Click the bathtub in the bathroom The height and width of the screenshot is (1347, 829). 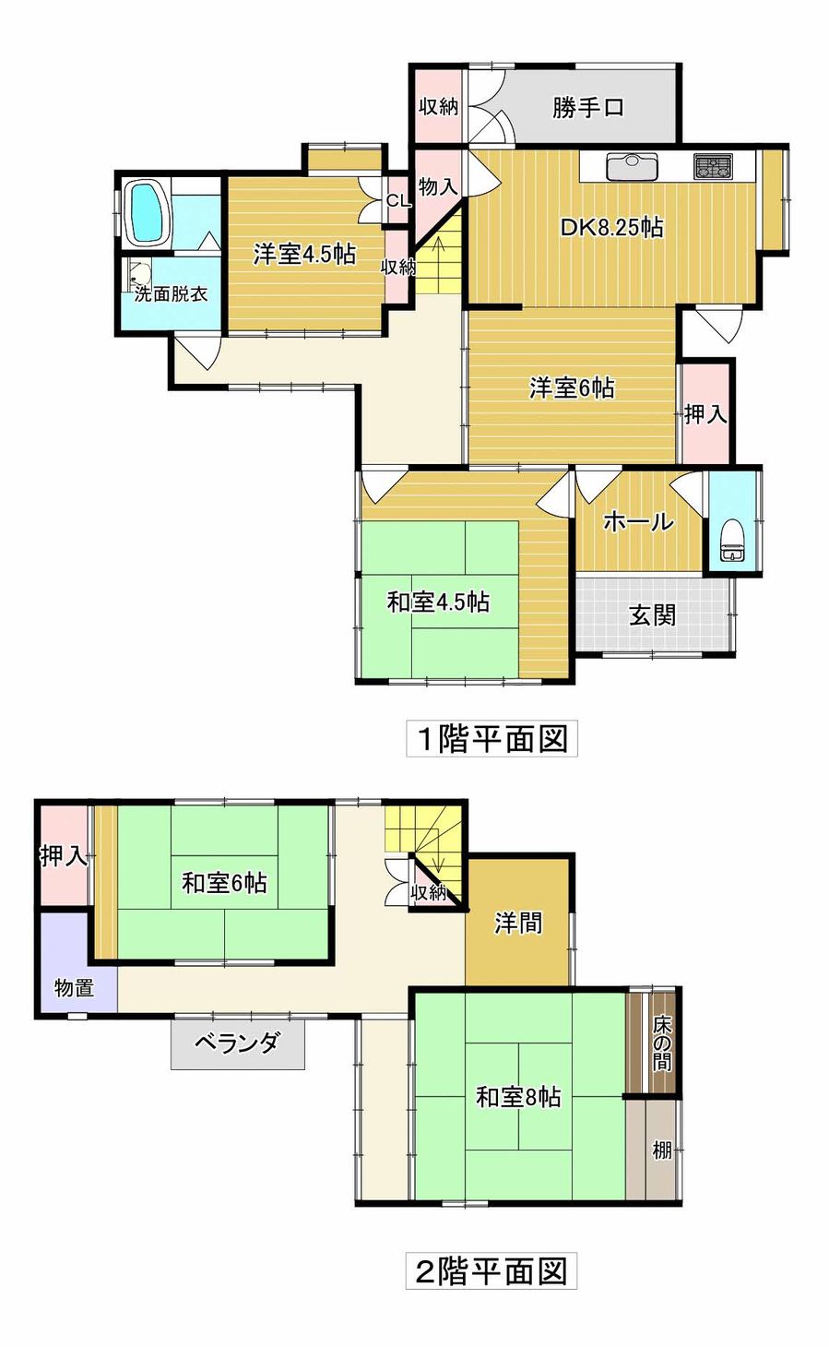coord(148,212)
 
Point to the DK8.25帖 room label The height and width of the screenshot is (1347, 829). coord(612,228)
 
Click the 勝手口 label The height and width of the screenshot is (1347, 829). coord(588,108)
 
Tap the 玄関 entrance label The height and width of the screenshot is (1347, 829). coord(652,615)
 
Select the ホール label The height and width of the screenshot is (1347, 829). coord(638,521)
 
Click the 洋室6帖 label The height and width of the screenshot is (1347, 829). coord(572,387)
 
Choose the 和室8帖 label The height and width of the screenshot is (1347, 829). coord(518,1097)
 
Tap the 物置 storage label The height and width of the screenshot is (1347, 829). coord(74,987)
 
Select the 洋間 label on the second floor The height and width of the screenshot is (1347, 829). coord(518,923)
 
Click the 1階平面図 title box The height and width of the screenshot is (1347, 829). coord(491,738)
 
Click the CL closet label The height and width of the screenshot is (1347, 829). coord(398,201)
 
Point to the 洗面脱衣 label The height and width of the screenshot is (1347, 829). coord(171,294)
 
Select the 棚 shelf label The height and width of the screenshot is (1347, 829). coord(662,1150)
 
